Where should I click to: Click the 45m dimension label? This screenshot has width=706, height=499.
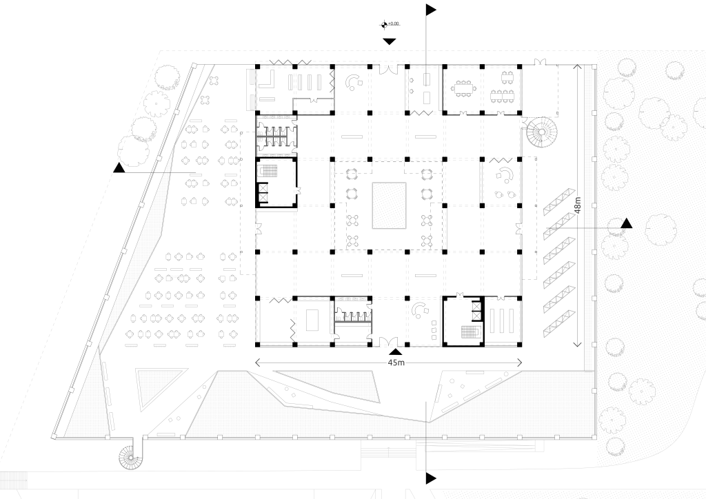396,363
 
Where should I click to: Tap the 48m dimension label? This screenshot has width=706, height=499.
577,206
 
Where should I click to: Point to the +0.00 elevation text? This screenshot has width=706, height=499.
394,24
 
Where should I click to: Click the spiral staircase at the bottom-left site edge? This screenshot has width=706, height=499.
130,456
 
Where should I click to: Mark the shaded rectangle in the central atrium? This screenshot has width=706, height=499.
390,205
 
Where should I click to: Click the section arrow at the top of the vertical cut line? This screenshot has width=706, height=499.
432,9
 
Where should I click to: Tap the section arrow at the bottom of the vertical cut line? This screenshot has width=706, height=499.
432,478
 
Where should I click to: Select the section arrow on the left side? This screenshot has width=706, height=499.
119,167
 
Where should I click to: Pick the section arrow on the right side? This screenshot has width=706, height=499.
626,223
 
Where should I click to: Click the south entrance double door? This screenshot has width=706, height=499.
389,340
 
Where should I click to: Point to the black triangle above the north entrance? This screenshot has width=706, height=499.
390,41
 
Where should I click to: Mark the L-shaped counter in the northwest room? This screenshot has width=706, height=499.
263,85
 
